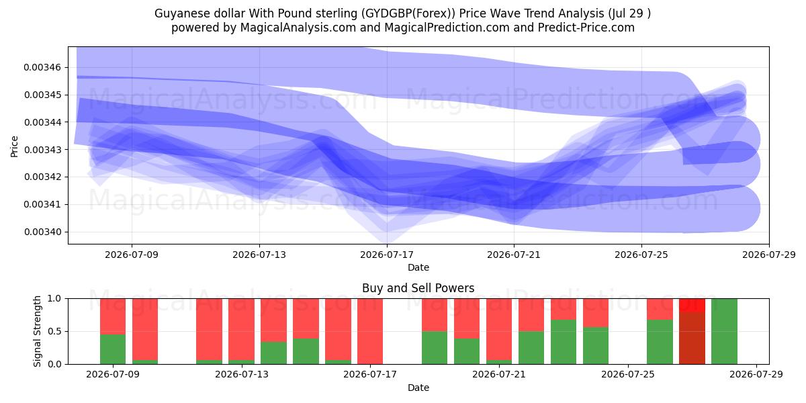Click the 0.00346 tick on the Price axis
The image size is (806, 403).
point(42,67)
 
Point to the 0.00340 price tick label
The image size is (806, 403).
point(42,232)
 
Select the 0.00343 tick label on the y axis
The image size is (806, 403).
point(42,150)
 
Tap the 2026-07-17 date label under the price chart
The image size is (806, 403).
point(387,255)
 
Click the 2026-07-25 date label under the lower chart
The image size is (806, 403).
point(628,374)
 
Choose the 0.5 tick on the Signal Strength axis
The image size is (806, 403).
point(54,331)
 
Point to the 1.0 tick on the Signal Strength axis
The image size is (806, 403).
point(54,299)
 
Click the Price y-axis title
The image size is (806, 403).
point(14,146)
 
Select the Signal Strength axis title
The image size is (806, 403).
point(37,331)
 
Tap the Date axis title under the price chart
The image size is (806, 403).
point(418,268)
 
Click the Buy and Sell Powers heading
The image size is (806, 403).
point(418,288)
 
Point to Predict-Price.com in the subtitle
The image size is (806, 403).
point(586,28)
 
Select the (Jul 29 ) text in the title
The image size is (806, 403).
point(629,13)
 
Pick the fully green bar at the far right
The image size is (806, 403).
point(724,331)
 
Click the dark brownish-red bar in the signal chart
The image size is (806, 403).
point(692,338)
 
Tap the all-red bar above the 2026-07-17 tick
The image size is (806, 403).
point(370,331)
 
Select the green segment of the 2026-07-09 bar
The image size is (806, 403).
point(113,349)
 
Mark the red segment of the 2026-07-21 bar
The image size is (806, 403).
point(498,329)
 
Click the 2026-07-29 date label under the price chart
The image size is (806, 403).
point(769,255)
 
